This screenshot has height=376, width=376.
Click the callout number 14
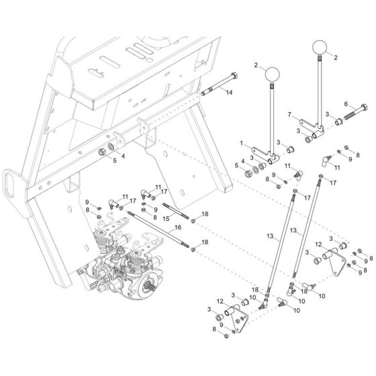(x=230, y=93)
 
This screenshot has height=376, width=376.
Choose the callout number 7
(x=289, y=115)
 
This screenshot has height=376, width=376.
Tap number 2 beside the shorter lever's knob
(x=256, y=65)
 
